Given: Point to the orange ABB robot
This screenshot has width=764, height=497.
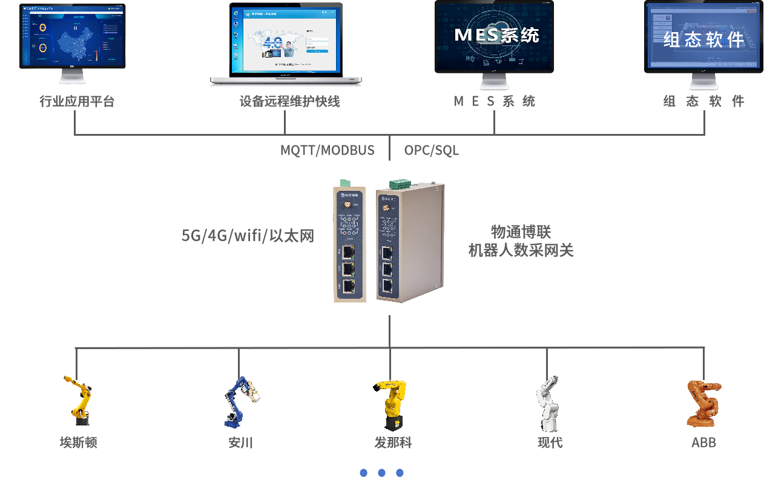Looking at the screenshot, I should point(703,402).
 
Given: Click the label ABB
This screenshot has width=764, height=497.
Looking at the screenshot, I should point(703,443).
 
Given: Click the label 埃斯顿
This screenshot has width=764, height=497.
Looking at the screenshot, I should point(78,443).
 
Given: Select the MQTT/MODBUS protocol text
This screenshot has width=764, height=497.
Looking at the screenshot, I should point(327,150).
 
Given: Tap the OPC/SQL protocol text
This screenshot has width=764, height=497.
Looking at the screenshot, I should point(432,150).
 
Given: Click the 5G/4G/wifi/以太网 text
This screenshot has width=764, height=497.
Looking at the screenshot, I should point(248,236).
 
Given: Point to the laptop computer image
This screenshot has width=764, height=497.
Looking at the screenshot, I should point(286,42).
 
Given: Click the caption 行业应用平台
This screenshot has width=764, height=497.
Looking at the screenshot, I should point(77,102).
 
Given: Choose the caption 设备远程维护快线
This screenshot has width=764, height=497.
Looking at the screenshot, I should point(289,102).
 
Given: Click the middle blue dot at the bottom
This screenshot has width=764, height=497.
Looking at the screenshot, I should point(381,473).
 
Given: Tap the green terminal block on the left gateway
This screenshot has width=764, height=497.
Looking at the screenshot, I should point(346,182).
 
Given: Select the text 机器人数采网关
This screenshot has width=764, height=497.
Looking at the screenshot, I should point(521,250).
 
